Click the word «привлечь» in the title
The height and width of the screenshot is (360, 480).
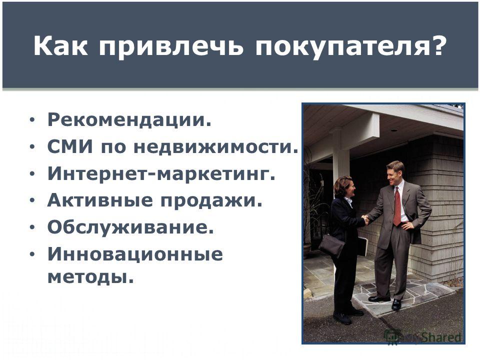coord(171,46)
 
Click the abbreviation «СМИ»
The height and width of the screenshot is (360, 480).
coord(70,146)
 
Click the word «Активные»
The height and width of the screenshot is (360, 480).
coord(100,200)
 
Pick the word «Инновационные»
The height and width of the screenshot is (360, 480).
coord(135,254)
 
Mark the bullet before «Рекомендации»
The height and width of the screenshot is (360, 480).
coord(32,119)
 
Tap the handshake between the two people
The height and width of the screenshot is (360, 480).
coord(365,219)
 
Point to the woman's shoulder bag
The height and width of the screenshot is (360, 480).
coord(332,245)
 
